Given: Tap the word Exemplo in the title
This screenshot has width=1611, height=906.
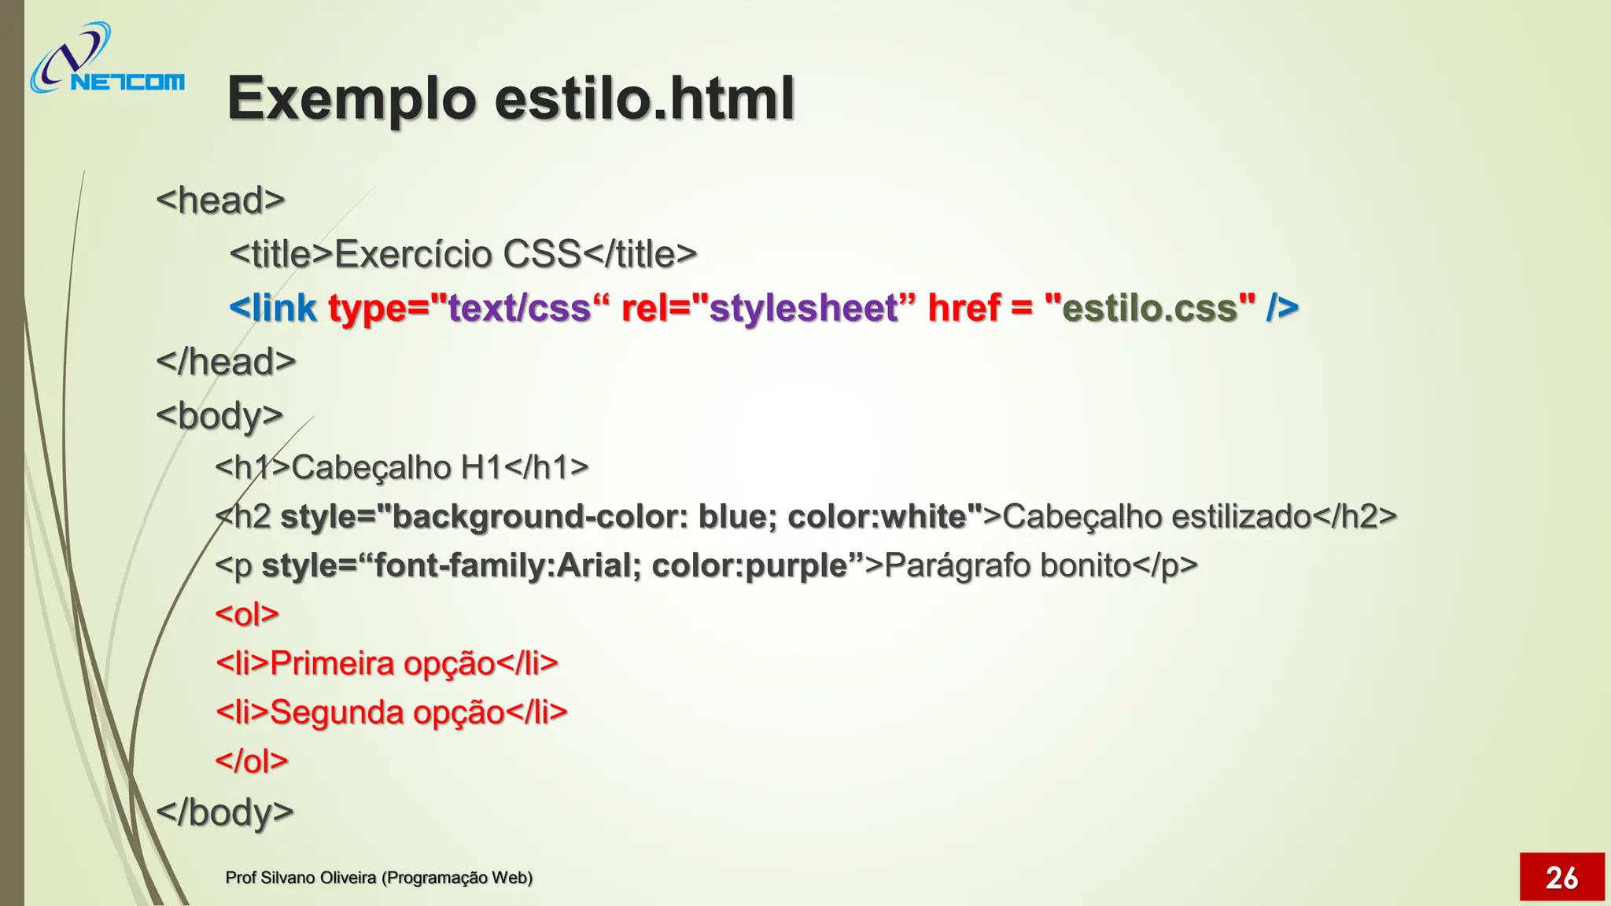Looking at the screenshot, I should (x=351, y=99).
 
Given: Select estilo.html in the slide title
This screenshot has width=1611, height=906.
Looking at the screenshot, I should (x=644, y=99).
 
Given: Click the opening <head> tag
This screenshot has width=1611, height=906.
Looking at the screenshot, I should (x=220, y=200).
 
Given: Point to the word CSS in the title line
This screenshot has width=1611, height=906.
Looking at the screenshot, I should (x=542, y=254).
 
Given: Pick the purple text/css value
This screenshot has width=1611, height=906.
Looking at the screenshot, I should (x=518, y=308).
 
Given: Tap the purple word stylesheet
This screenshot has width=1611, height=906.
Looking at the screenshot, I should (x=803, y=308).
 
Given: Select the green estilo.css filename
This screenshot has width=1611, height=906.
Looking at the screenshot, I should (x=1149, y=308).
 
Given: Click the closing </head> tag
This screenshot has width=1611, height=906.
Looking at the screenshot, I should (x=226, y=362).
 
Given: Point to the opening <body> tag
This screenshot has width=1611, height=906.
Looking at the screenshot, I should (x=219, y=415).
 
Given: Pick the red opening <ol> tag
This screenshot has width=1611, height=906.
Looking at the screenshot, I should (x=247, y=614).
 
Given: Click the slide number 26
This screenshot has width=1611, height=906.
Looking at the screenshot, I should (x=1561, y=877).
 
